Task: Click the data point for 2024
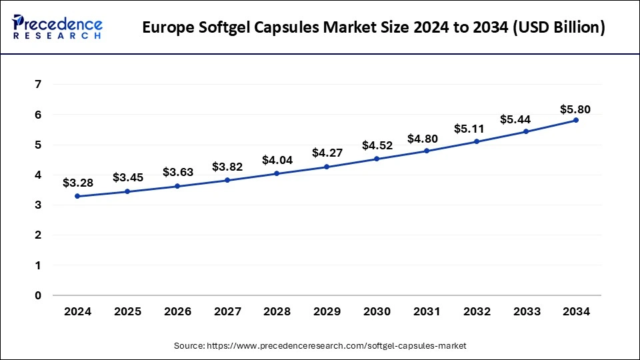click(77, 196)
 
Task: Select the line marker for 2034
click(575, 120)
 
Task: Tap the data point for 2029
click(327, 167)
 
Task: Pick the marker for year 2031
click(426, 151)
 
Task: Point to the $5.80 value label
click(575, 109)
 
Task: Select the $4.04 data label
click(276, 160)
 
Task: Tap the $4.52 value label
click(376, 145)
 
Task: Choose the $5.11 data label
click(476, 128)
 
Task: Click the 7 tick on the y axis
click(39, 85)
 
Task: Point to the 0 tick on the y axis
click(39, 295)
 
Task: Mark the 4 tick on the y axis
click(39, 175)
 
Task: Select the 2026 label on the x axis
click(177, 311)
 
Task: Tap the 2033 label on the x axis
click(525, 311)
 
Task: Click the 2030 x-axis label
click(376, 311)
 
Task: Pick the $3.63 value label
click(177, 172)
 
